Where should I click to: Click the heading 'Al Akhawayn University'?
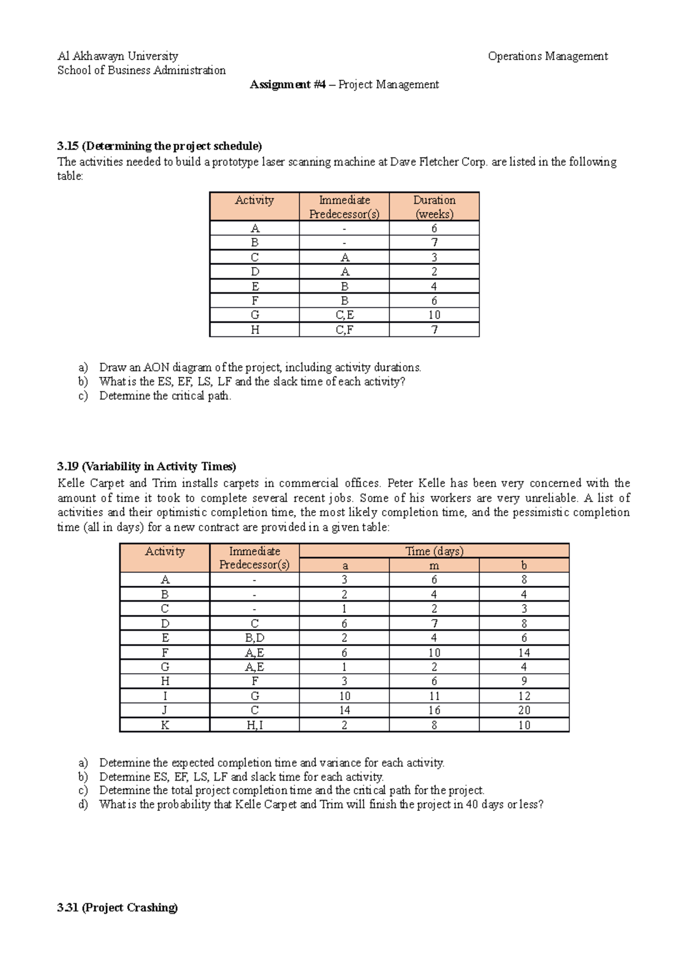(118, 56)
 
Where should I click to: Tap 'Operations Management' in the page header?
(548, 56)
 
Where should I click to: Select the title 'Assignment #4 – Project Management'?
(344, 85)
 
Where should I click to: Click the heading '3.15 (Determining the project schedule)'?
(159, 146)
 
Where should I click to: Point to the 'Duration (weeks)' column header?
(434, 207)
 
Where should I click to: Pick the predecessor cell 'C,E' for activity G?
(345, 315)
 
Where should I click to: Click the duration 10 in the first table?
(434, 315)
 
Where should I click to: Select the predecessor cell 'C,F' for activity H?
(345, 330)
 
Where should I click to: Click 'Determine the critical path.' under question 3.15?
(165, 396)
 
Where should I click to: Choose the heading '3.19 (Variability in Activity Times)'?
(147, 466)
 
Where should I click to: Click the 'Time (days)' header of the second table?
(434, 551)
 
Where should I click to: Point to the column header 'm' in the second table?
(434, 566)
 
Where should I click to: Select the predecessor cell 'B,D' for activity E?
(255, 638)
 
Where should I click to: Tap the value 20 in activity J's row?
(524, 711)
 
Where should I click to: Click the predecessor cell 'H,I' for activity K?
(255, 725)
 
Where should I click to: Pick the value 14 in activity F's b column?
(524, 653)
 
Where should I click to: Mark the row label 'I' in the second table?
(165, 696)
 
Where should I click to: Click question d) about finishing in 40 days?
(321, 805)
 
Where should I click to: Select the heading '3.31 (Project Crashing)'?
(118, 908)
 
